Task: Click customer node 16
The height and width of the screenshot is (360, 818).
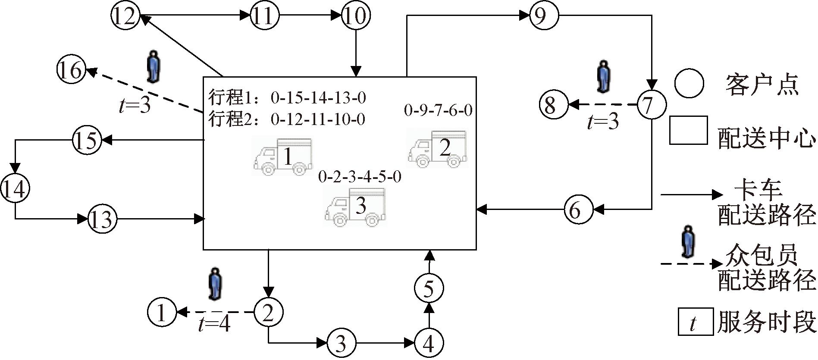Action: click(71, 70)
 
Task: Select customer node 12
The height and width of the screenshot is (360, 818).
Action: click(125, 16)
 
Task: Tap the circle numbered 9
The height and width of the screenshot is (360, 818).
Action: click(543, 16)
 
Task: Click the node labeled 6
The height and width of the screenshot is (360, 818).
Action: click(578, 210)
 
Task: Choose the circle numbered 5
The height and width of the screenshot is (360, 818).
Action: click(428, 288)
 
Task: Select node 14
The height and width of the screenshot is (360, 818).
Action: click(15, 189)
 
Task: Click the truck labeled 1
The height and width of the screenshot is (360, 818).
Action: click(283, 157)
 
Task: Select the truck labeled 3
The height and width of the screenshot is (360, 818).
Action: click(355, 207)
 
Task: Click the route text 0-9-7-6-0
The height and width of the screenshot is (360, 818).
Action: click(438, 110)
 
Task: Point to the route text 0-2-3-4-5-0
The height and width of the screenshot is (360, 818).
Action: click(360, 177)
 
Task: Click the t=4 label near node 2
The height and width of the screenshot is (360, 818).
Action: click(214, 324)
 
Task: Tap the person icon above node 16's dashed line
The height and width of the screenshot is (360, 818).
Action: click(152, 67)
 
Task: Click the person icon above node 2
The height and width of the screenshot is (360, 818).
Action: click(214, 284)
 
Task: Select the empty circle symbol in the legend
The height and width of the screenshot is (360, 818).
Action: click(689, 83)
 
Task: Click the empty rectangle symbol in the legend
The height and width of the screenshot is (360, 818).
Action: click(688, 130)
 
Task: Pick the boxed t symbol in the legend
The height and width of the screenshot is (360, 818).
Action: click(695, 322)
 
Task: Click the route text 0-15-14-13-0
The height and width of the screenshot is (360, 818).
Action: click(318, 98)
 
